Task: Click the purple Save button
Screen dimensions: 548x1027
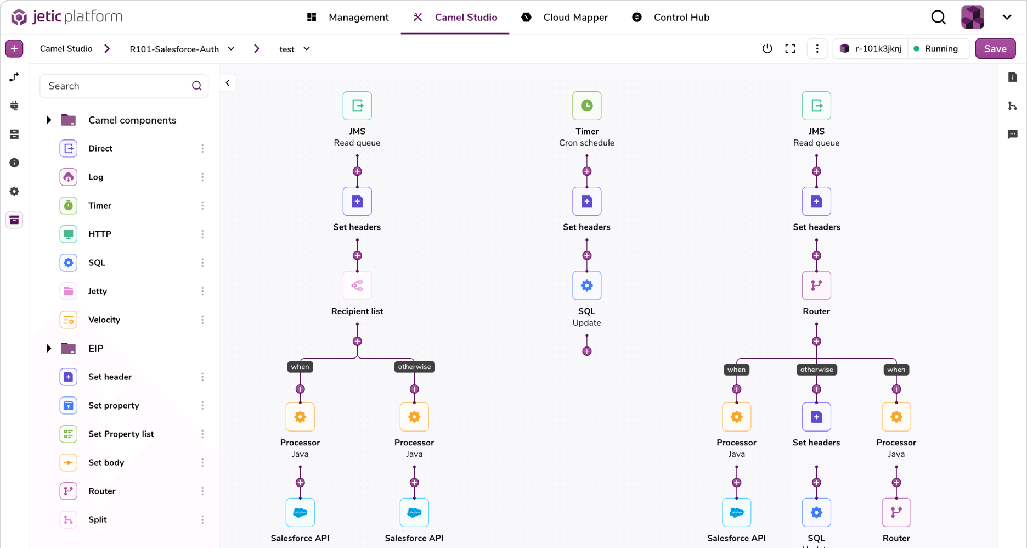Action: point(995,49)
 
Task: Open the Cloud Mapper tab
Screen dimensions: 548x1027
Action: point(575,18)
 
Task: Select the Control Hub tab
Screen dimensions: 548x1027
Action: point(681,18)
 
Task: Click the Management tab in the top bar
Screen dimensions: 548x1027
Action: point(358,18)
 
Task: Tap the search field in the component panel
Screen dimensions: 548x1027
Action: point(118,86)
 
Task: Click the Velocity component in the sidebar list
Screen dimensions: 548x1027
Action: point(104,320)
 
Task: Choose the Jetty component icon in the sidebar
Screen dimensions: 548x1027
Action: point(69,292)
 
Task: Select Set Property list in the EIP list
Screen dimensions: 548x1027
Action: point(121,434)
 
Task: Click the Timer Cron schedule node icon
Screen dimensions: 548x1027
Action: point(586,106)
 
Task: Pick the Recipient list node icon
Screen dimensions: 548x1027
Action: point(357,286)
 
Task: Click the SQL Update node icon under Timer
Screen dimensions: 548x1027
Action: point(586,286)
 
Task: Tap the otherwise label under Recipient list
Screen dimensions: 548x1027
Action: point(414,367)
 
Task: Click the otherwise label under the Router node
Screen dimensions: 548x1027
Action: point(816,370)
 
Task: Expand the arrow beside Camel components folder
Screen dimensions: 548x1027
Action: point(49,120)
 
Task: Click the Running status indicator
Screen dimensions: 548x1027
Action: point(936,49)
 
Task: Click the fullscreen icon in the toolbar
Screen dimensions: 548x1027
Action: point(790,49)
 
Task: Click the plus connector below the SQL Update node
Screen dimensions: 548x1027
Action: point(586,351)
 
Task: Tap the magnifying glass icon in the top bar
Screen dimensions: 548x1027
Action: point(938,18)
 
